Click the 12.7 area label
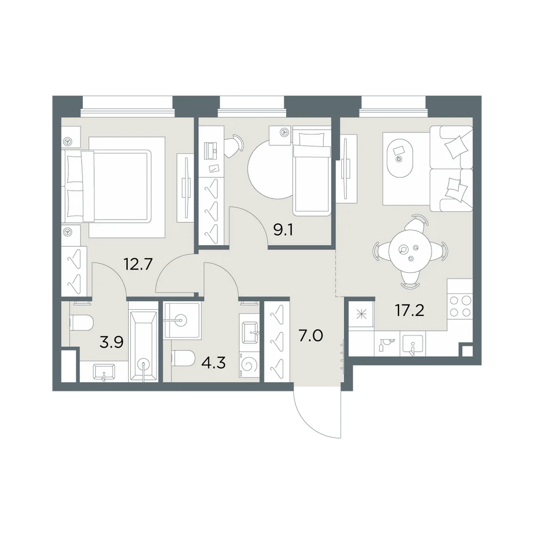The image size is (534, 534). (138, 264)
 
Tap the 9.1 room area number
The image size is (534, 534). (283, 230)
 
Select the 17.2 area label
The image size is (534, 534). (410, 310)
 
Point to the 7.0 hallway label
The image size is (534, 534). (311, 336)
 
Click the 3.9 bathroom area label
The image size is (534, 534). (112, 342)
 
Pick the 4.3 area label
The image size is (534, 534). (214, 363)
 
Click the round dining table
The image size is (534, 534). (410, 252)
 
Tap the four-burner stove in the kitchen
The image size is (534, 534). (460, 306)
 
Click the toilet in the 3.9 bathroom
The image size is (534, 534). (82, 323)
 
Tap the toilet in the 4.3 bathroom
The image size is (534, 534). (183, 358)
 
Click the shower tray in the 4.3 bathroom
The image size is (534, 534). (181, 320)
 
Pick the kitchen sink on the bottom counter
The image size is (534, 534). (413, 344)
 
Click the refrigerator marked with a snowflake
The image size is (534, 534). (361, 315)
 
